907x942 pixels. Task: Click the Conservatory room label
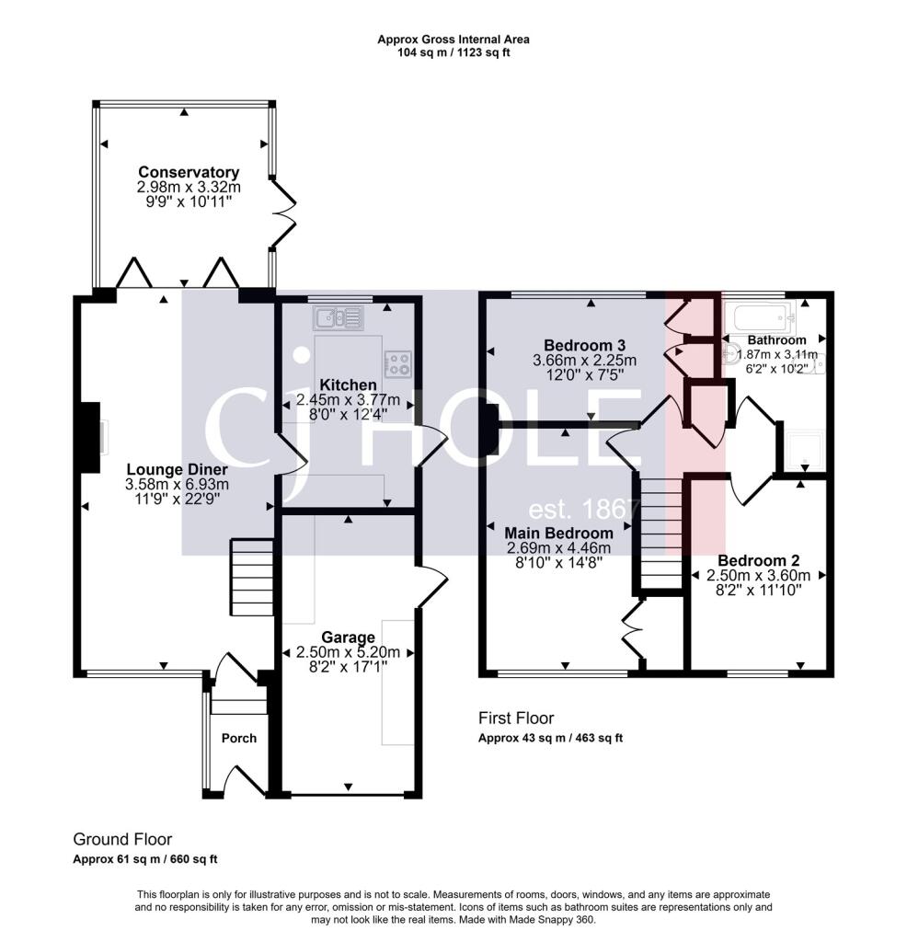coord(189,172)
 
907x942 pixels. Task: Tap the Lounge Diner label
coord(178,470)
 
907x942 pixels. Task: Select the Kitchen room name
coord(349,385)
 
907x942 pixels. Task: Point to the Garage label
coord(349,638)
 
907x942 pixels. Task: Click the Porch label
coord(239,739)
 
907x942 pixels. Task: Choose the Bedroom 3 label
coord(584,346)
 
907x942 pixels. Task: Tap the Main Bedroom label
coord(558,533)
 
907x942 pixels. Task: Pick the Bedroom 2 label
coord(759,560)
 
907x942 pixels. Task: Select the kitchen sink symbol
coord(339,317)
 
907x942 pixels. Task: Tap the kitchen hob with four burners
coord(398,363)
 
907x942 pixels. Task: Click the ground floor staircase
coord(252,578)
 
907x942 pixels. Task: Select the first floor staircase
coord(661,533)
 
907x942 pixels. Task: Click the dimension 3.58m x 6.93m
coord(178,484)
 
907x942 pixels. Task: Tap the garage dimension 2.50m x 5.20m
coord(349,652)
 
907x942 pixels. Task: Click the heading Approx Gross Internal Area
coord(453,40)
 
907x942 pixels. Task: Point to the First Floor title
coord(516,718)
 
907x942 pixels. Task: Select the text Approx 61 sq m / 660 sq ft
coord(145,859)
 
